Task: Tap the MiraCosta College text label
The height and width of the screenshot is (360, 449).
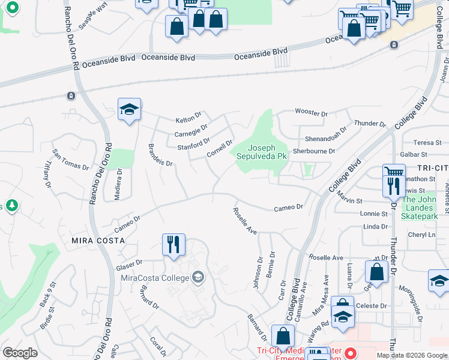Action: [154, 277]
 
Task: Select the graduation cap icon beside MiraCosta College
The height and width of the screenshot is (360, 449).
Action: [198, 277]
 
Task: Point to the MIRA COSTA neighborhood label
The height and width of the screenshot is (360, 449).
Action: [98, 240]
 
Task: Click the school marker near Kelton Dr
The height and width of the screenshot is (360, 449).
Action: [129, 110]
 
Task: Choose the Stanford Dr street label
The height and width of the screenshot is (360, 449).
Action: [193, 144]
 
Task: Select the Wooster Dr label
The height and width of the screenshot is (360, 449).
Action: [311, 113]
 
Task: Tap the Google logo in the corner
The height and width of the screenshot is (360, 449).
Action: [20, 353]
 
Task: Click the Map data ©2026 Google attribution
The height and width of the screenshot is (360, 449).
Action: [411, 355]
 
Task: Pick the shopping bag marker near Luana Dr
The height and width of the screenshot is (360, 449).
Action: [377, 271]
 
